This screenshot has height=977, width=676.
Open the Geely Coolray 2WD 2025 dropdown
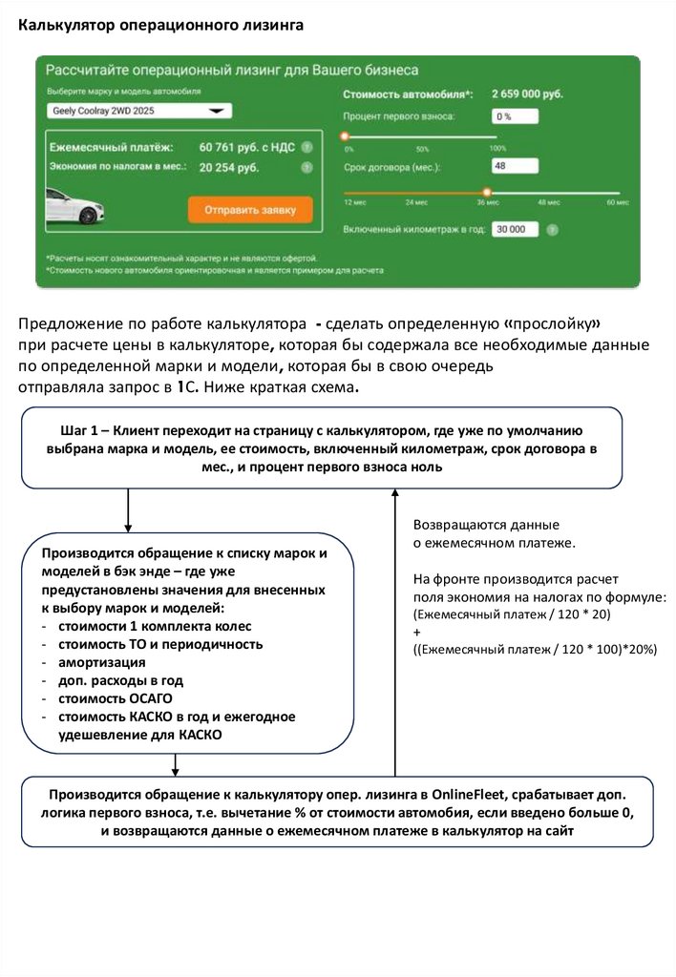138,111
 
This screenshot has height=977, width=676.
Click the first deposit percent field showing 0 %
515,116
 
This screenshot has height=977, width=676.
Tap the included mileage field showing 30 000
515,230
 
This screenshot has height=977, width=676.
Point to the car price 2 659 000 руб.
527,94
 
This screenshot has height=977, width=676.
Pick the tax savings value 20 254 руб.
229,168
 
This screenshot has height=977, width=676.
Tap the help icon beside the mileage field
553,230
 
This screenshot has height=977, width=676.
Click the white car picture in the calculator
75,206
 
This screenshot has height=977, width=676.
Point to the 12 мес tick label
354,202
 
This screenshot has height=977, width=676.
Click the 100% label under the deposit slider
497,149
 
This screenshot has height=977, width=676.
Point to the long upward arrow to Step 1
393,630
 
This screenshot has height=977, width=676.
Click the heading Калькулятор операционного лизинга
160,25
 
